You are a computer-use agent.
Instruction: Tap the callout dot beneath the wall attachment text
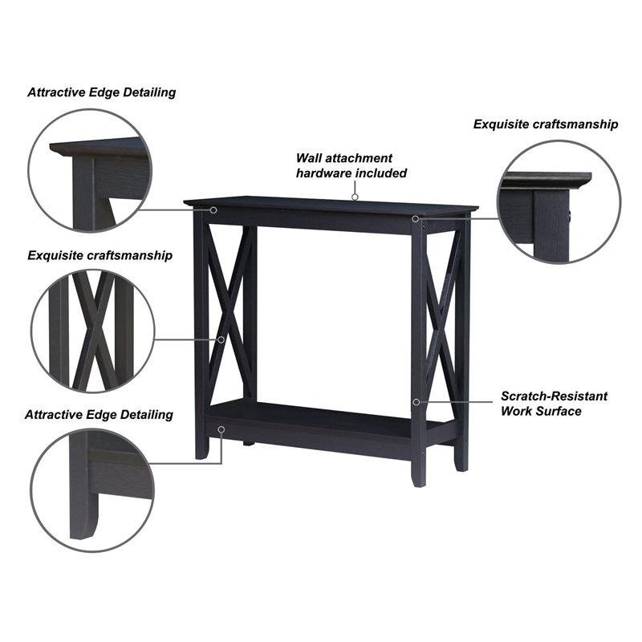click(354, 195)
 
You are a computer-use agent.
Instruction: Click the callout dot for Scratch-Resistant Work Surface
click(416, 400)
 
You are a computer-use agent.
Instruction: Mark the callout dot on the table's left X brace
click(222, 339)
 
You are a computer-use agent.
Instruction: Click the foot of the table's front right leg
click(418, 480)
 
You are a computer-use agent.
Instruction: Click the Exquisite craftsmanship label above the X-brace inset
click(100, 255)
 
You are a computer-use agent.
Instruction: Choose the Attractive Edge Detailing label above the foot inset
click(99, 415)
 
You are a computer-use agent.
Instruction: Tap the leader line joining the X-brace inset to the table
click(185, 339)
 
